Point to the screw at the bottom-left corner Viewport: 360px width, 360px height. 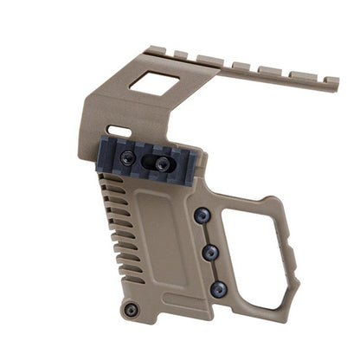pos(132,308)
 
